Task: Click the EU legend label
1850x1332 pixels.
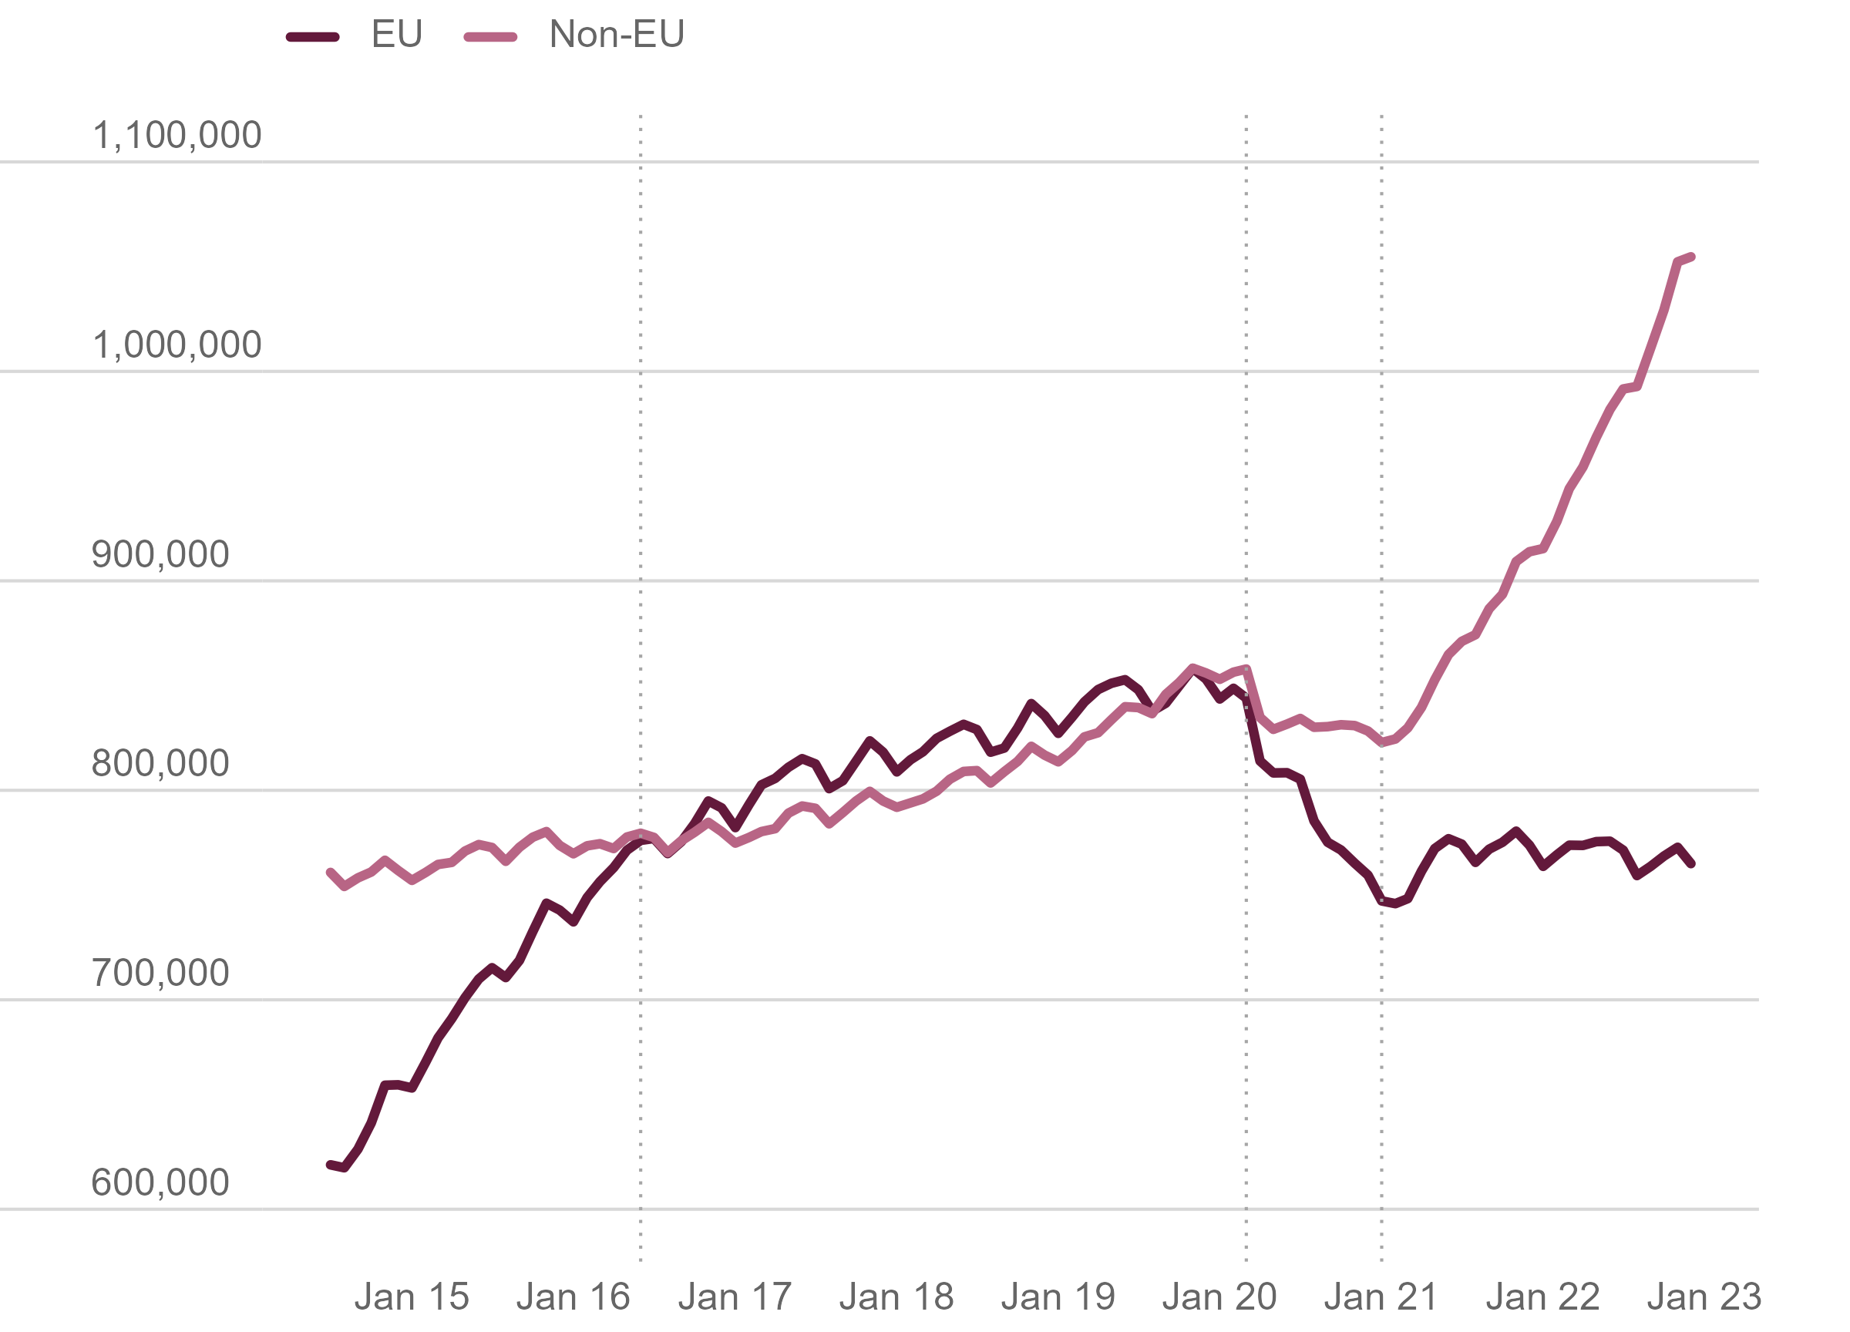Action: (396, 34)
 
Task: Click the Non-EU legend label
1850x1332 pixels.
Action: (617, 34)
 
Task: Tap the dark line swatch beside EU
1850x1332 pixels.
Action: (313, 37)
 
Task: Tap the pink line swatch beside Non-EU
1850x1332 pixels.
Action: (490, 37)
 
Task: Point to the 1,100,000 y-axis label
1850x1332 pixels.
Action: (177, 136)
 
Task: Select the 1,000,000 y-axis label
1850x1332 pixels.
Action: (177, 345)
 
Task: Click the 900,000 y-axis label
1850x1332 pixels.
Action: (160, 555)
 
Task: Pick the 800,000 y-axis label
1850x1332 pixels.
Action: (160, 763)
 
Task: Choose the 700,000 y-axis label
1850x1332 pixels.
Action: (160, 973)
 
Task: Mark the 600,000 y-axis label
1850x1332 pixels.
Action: (160, 1182)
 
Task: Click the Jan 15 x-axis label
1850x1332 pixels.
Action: (412, 1297)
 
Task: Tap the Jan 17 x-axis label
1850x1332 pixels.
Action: (735, 1297)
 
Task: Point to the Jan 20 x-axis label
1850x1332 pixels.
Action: (1219, 1297)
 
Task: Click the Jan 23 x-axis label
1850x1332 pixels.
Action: (1704, 1297)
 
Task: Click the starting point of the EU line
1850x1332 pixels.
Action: (331, 1165)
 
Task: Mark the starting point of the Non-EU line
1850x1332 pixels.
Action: (331, 873)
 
